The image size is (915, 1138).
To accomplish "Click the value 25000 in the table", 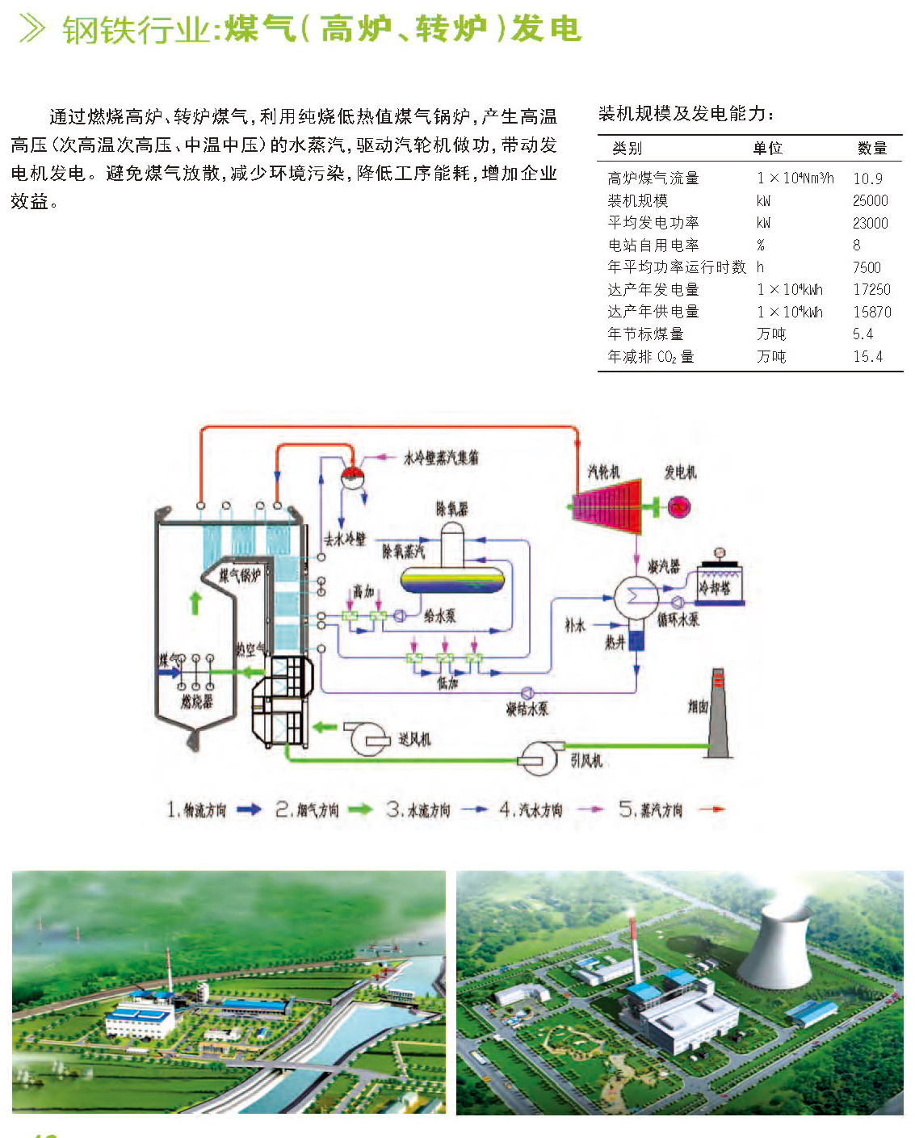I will [870, 200].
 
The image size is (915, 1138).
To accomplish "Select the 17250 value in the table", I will [871, 289].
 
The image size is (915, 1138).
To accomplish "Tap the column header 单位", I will [767, 148].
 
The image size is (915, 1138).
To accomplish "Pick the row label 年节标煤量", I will [645, 334].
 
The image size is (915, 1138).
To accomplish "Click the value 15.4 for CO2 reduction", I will [867, 356].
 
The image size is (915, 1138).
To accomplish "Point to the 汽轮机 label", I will [602, 472].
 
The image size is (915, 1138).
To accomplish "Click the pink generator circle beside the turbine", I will [679, 507].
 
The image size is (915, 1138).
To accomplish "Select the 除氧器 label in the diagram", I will [451, 508].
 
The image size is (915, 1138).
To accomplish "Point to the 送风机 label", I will [414, 739].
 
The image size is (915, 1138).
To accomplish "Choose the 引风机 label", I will [586, 760].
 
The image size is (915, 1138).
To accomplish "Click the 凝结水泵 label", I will [527, 708].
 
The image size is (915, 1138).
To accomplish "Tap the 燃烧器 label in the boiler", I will [196, 701].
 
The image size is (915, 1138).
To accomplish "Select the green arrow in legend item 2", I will [360, 808].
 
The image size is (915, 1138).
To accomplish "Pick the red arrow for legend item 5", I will [711, 808].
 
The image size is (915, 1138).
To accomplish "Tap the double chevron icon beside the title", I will [32, 29].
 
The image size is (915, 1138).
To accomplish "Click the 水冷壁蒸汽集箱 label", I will [441, 457].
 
